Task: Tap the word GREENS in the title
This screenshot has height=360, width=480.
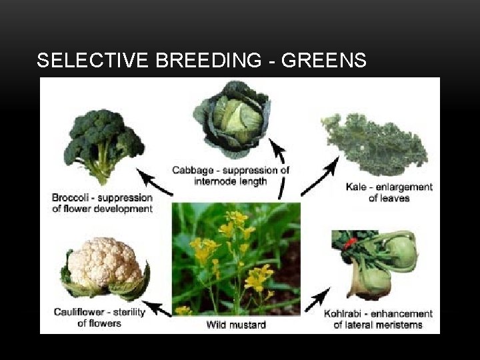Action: (x=324, y=61)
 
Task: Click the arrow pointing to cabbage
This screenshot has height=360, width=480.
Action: (x=280, y=167)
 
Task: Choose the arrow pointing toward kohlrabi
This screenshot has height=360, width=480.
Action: (x=319, y=300)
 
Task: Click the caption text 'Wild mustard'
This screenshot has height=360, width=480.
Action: (x=237, y=325)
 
